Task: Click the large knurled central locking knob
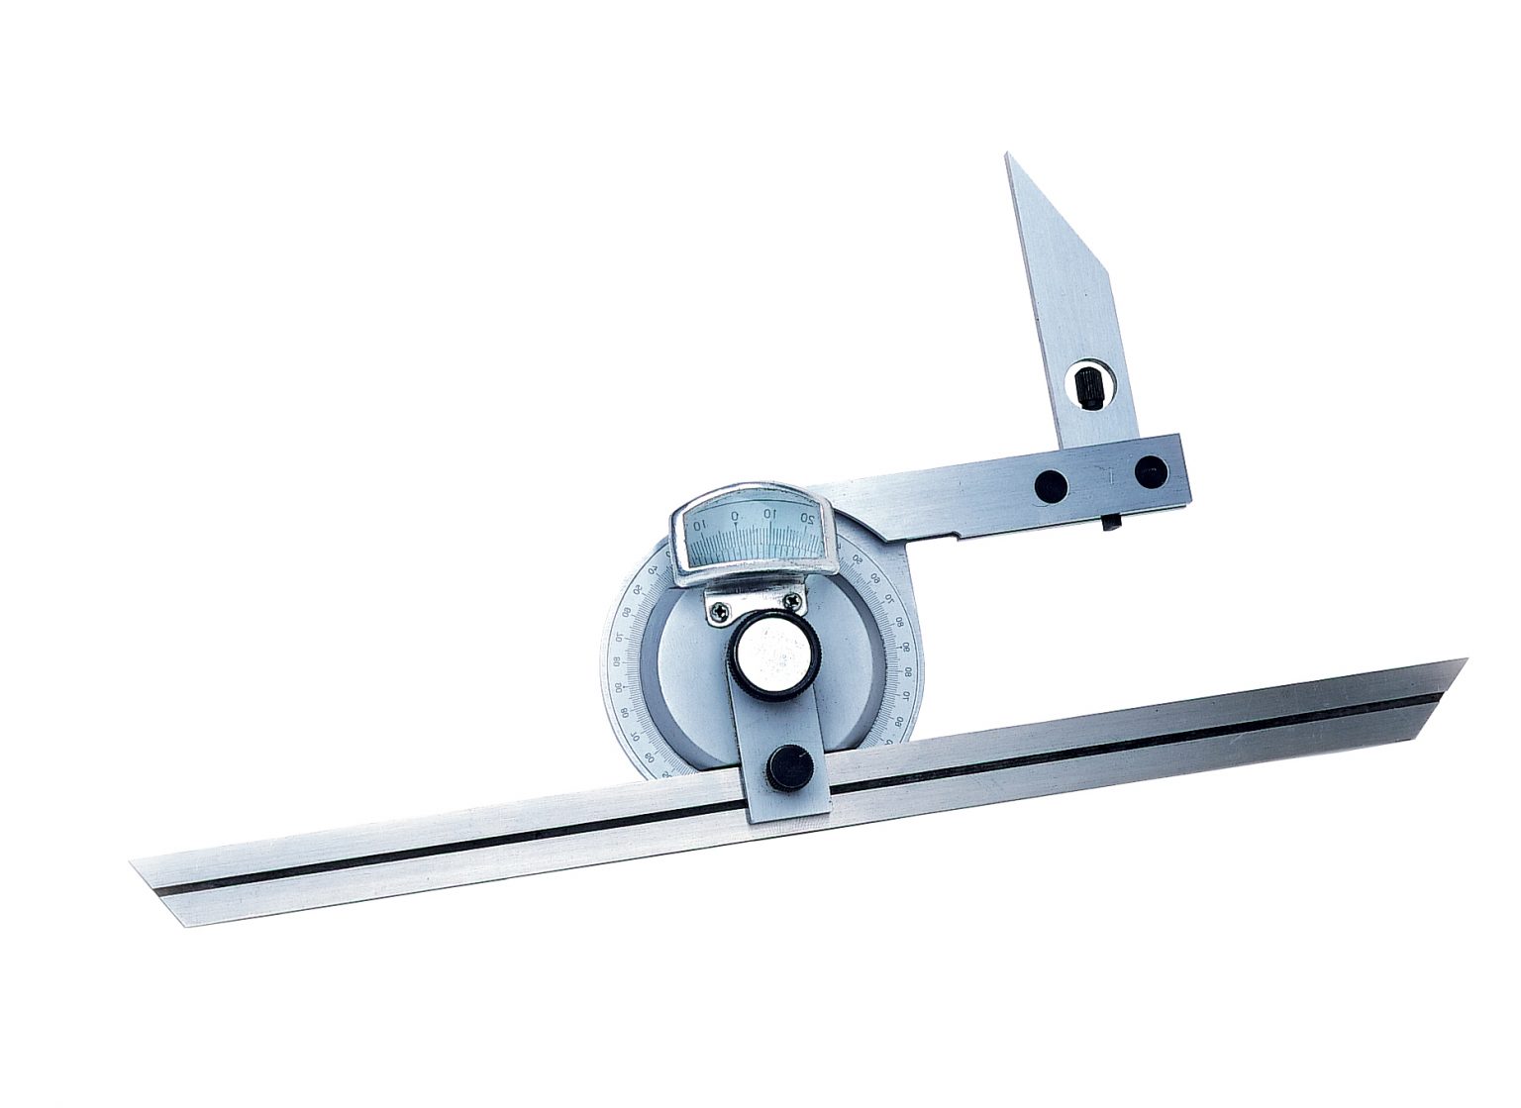pyautogui.click(x=773, y=657)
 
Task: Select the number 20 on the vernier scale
pyautogui.click(x=809, y=516)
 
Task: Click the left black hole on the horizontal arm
pyautogui.click(x=1050, y=484)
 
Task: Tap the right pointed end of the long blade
pyautogui.click(x=1466, y=660)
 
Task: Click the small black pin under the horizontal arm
pyautogui.click(x=1111, y=522)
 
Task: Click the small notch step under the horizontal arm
pyautogui.click(x=956, y=539)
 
